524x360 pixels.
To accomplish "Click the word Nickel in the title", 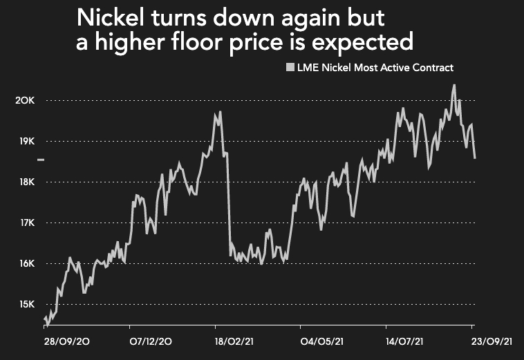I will [111, 17].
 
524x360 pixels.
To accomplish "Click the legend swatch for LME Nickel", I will [290, 68].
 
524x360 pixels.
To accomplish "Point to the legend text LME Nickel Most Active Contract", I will [374, 68].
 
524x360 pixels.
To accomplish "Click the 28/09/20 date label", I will [64, 341].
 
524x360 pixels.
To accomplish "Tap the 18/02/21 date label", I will [234, 341].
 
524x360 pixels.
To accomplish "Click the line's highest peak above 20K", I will [454, 86].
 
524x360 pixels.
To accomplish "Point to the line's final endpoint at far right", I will [475, 158].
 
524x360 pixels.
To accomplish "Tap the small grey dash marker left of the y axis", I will [41, 160].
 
